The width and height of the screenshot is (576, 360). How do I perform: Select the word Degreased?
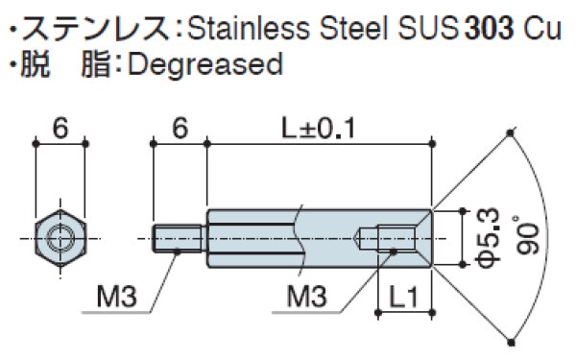tap(205, 64)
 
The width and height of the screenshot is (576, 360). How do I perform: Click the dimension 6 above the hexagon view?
tap(60, 129)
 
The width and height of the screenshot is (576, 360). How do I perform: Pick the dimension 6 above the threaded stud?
tap(180, 129)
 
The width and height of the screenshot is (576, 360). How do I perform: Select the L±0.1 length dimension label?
tap(319, 129)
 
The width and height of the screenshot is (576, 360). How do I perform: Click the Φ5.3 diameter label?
tap(489, 236)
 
